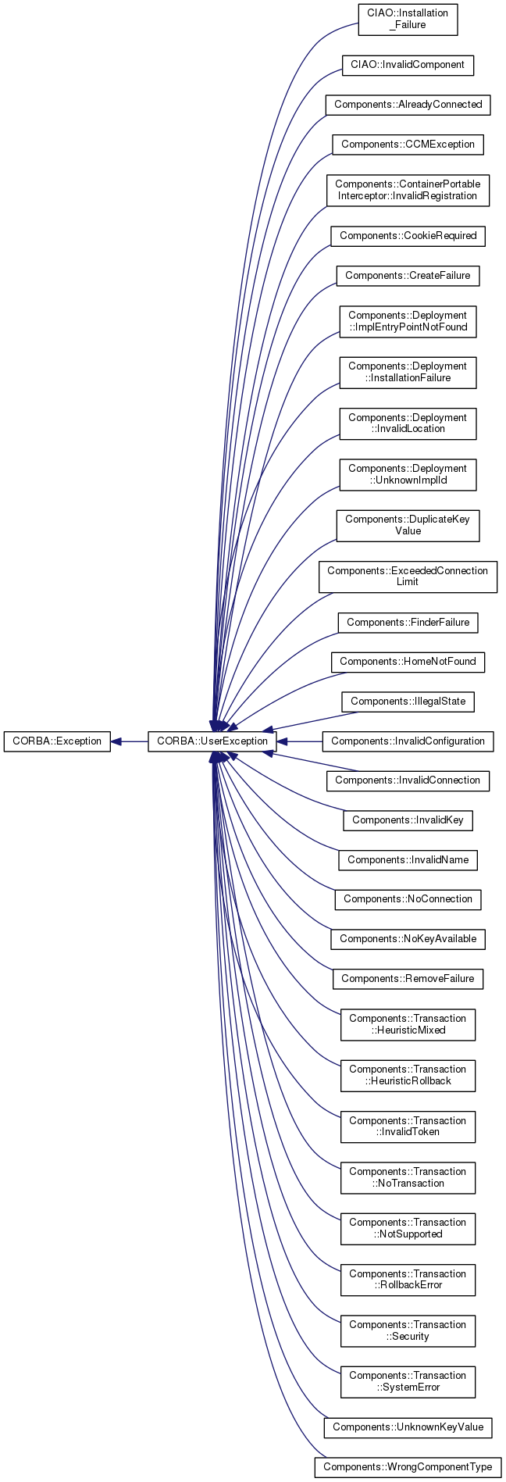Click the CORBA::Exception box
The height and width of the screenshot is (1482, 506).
point(57,741)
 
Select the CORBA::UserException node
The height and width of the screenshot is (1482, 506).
point(212,741)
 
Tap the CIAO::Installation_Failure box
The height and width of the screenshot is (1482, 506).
point(408,19)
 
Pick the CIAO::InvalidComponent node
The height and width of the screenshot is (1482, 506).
point(408,64)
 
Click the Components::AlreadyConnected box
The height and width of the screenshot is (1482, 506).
point(408,104)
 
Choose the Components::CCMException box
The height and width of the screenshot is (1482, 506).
point(408,144)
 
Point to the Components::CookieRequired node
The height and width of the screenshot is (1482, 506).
point(408,235)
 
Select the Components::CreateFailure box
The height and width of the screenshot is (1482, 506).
point(408,275)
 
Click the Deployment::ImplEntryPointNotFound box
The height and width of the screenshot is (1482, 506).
point(408,321)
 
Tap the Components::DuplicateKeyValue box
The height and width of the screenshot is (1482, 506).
point(408,525)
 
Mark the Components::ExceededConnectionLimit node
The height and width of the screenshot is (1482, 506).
point(408,576)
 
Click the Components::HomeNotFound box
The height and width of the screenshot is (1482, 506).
point(408,661)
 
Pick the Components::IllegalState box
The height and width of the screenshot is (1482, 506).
point(408,701)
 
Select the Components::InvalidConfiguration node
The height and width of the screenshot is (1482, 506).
point(408,741)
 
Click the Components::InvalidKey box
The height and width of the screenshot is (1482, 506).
point(408,820)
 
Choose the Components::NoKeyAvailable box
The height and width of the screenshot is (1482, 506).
point(408,938)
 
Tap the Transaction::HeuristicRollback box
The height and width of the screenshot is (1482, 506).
point(408,1075)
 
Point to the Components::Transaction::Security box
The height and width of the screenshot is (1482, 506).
point(408,1330)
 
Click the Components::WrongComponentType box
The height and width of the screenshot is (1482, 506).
point(408,1466)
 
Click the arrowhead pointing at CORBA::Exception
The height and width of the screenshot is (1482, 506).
point(116,741)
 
